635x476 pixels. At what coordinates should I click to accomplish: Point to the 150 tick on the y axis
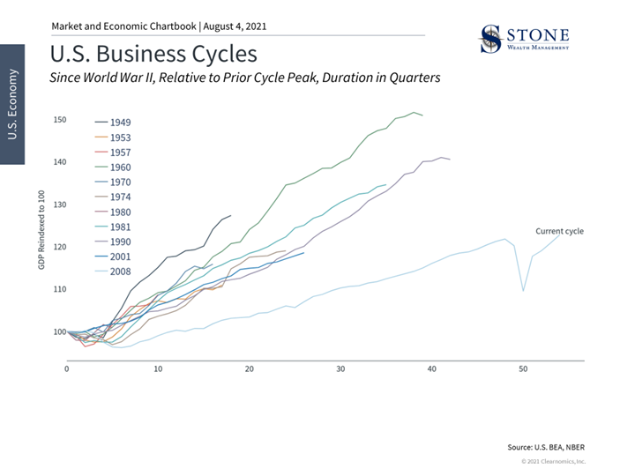(59, 120)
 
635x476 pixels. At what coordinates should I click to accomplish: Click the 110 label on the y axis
(59, 289)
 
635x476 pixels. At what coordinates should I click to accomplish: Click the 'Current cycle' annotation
(559, 231)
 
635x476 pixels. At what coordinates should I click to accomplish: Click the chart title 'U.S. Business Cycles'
(154, 55)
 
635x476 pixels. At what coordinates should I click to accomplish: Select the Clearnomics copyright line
(552, 461)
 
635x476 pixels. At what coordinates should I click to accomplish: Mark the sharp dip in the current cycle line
(523, 290)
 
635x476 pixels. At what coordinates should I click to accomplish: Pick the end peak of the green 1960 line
(414, 112)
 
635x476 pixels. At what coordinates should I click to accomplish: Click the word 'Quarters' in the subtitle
(414, 78)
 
